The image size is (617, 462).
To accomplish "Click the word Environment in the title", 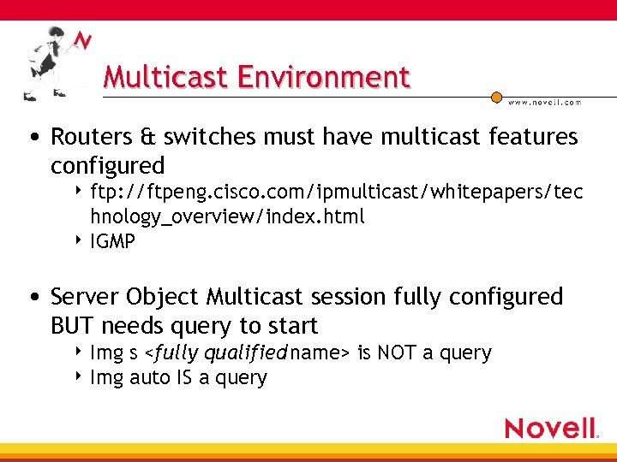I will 324,77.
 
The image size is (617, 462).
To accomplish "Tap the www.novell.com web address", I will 544,102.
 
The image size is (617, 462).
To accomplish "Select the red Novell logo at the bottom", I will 550,427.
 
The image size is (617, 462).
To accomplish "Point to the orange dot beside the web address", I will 496,98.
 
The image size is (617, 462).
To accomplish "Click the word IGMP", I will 112,242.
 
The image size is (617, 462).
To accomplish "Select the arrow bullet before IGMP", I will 79,240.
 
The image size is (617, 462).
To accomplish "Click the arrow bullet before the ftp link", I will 79,191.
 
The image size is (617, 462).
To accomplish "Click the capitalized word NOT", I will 397,352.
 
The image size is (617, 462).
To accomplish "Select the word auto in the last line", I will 150,377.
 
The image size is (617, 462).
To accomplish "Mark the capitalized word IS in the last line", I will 185,377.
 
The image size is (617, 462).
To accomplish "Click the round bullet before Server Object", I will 33,298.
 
